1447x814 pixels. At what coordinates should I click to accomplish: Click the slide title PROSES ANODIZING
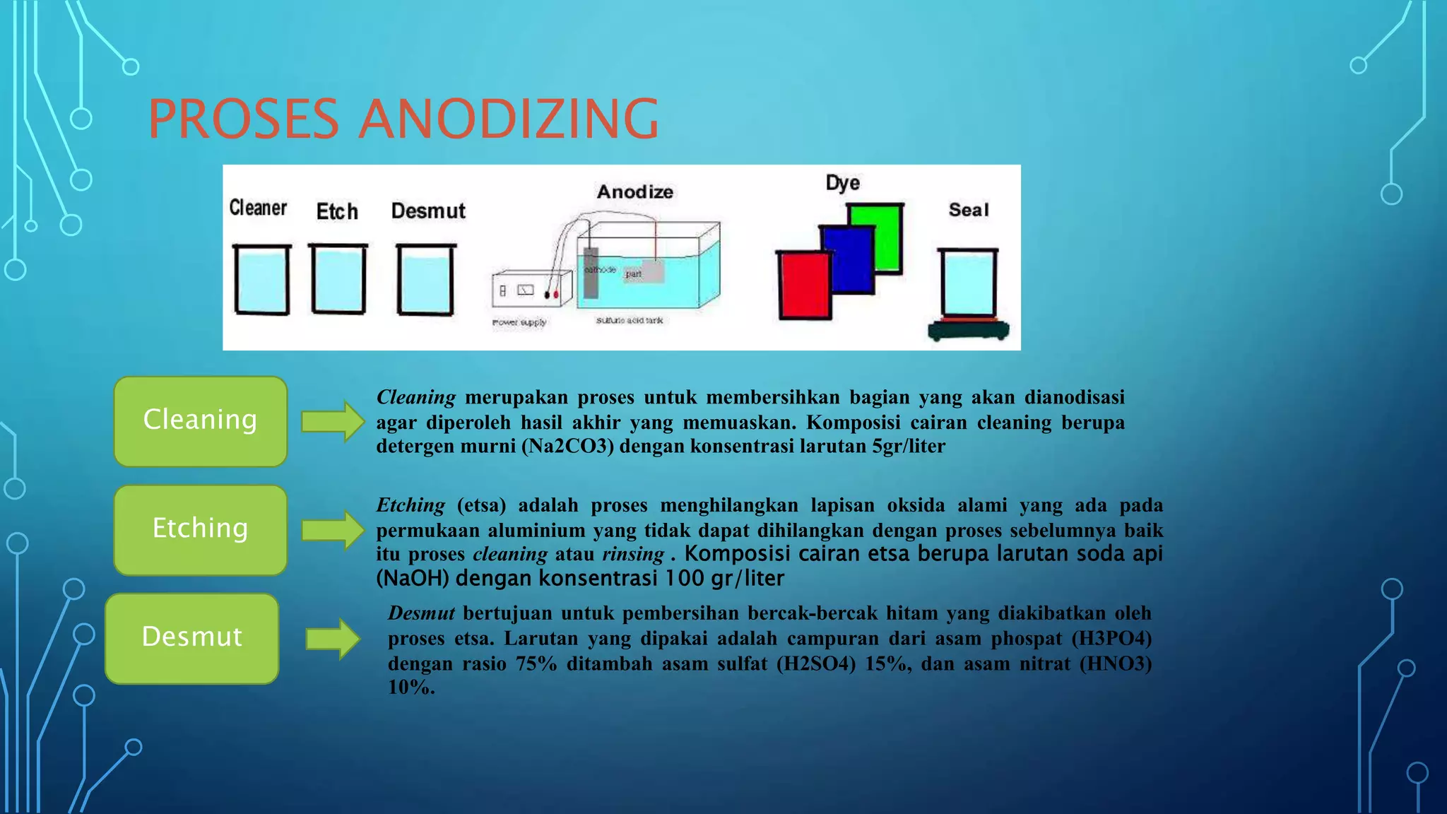[403, 119]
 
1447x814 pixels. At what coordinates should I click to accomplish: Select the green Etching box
[201, 529]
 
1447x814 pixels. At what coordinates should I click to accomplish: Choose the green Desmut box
[192, 638]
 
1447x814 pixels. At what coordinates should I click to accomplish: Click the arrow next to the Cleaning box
[333, 422]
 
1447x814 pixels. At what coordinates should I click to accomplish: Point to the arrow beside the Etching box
[333, 530]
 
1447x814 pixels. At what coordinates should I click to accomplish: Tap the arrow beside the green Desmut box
[333, 639]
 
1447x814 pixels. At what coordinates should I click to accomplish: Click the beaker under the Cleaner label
[261, 280]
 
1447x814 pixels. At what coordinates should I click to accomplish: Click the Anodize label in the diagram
[634, 192]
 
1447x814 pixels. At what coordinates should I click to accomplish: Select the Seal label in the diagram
[968, 210]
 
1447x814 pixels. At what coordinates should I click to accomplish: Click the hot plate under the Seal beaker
[969, 330]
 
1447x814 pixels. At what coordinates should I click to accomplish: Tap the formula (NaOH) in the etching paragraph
[413, 579]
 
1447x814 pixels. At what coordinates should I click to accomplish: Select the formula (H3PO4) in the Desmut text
[1111, 639]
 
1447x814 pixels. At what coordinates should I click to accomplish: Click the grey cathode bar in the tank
[591, 273]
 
